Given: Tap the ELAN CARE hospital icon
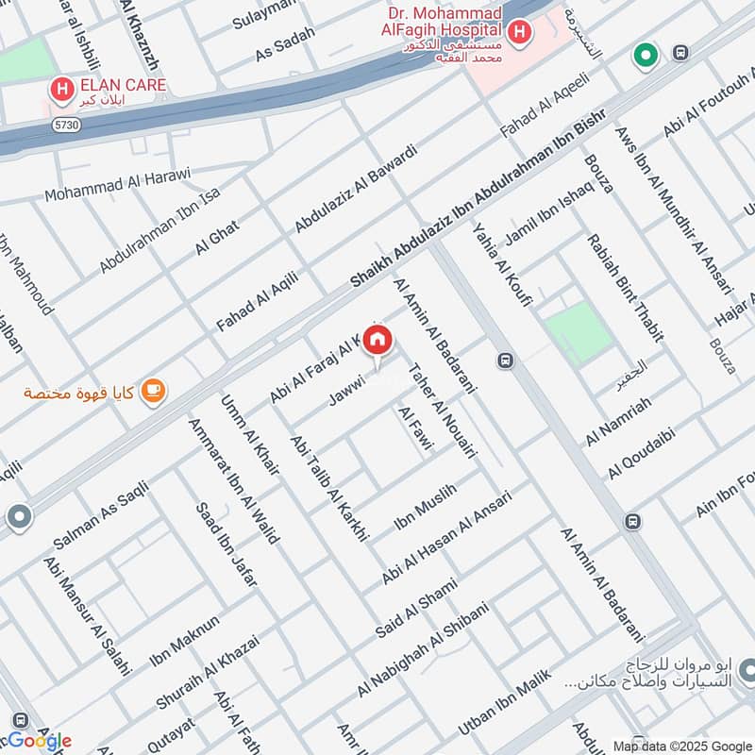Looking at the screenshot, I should (61, 91).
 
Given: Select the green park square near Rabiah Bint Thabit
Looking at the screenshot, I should (578, 332).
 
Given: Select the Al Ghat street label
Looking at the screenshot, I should (218, 234).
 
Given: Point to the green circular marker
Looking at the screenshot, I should (646, 56).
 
